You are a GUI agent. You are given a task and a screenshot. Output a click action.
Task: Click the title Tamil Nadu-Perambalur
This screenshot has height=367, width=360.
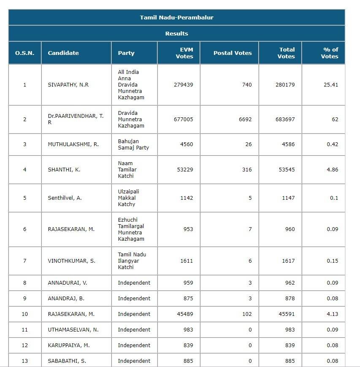coord(176,17)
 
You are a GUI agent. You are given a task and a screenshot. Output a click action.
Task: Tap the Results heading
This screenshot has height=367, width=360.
coord(176,33)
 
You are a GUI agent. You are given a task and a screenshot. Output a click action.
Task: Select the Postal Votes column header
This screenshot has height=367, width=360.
coord(232,53)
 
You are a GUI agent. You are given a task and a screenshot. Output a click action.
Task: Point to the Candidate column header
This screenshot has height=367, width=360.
coord(63,53)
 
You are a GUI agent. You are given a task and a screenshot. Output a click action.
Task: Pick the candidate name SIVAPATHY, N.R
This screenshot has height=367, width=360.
coord(68,84)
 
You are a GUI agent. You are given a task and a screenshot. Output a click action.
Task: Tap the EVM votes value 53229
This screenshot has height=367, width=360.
coord(184,169)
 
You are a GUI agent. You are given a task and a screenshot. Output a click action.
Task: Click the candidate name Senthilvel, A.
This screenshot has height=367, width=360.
coord(65,198)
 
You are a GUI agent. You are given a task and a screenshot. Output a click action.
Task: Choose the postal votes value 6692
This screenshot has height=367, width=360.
coord(245,119)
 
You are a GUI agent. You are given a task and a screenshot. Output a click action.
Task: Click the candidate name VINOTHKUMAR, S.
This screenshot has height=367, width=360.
coord(71,261)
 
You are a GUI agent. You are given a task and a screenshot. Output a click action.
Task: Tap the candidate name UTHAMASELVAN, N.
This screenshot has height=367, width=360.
coord(73,329)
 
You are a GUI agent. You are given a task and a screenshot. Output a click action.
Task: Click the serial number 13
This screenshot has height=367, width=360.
coord(24,361)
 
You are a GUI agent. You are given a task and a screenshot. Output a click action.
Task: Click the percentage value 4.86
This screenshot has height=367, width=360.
coord(332,169)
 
